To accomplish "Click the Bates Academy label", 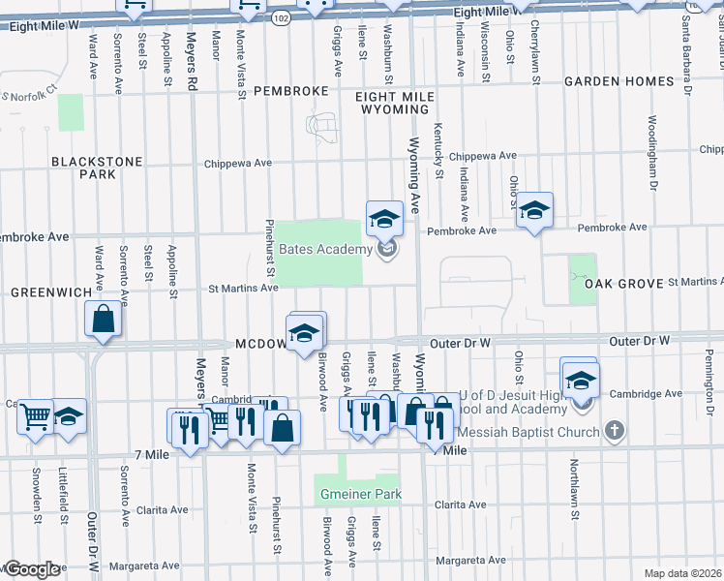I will (x=325, y=249).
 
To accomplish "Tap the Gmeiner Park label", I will (x=359, y=495).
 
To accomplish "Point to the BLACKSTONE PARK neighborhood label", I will (x=97, y=168).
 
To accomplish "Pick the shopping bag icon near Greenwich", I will (x=104, y=319).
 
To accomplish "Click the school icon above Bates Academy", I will (x=384, y=218).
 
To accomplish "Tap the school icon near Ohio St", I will (x=533, y=210).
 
